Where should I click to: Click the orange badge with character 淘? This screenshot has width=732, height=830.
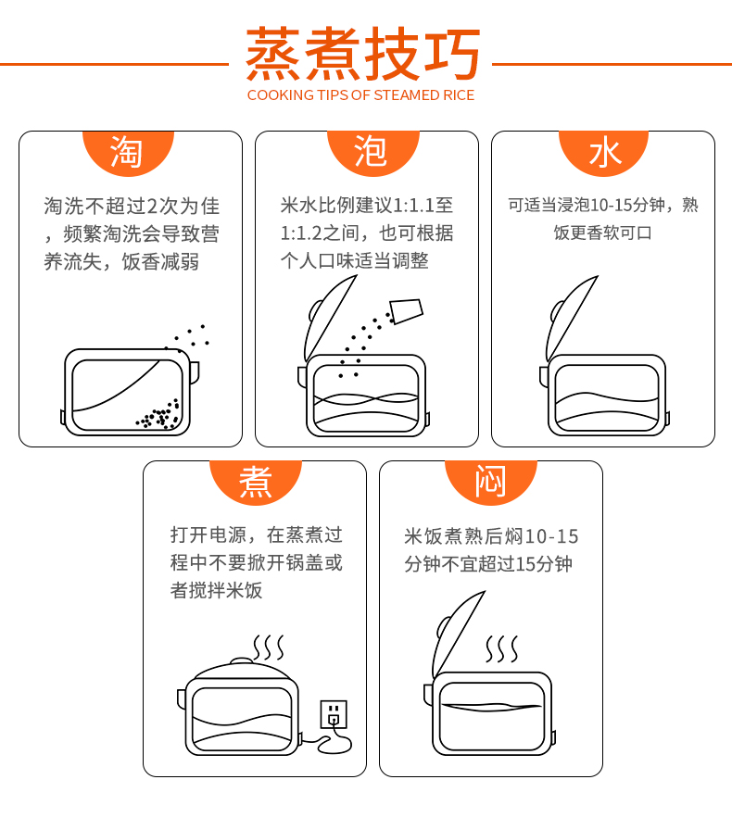click(128, 152)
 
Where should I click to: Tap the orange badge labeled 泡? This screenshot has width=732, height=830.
click(372, 152)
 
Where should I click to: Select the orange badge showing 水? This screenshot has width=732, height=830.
click(604, 152)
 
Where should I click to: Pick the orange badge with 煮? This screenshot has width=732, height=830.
click(256, 482)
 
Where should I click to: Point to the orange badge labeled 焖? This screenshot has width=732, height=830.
click(491, 482)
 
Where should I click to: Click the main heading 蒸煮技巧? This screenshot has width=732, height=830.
click(363, 54)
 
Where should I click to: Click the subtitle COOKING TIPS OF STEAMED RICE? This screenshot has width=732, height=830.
click(360, 95)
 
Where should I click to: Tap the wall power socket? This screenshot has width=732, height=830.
click(334, 714)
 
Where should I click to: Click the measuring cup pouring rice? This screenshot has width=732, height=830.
click(406, 311)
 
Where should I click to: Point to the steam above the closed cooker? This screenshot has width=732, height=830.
click(269, 648)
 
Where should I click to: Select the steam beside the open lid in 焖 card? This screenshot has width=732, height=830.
click(501, 649)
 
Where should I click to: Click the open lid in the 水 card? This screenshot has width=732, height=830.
click(572, 318)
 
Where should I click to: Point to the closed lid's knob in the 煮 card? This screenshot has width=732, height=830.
click(242, 660)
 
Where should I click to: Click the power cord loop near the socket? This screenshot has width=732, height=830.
click(334, 743)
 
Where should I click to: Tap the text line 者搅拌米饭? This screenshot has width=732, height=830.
click(216, 590)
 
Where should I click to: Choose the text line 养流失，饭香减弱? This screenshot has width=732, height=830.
click(121, 261)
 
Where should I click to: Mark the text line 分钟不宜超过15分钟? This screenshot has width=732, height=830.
click(488, 564)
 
